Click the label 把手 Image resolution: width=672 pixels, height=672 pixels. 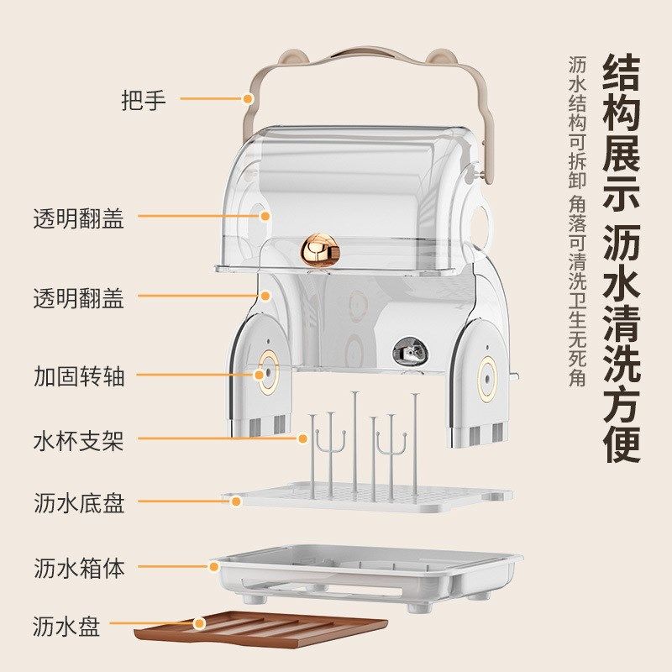click(144, 100)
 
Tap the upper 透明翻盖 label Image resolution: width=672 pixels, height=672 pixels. click(78, 219)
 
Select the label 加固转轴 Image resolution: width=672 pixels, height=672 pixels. click(78, 375)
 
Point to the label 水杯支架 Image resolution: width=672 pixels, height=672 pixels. click(78, 439)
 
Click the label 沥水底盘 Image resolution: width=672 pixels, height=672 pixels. click(78, 503)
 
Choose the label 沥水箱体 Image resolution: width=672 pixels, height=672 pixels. click(78, 567)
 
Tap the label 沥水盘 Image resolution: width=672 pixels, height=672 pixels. click(66, 626)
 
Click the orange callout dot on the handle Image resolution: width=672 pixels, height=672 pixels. click(249, 99)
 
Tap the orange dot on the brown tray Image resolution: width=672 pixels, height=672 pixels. click(199, 624)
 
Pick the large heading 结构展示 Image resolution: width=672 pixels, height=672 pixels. click(622, 133)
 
